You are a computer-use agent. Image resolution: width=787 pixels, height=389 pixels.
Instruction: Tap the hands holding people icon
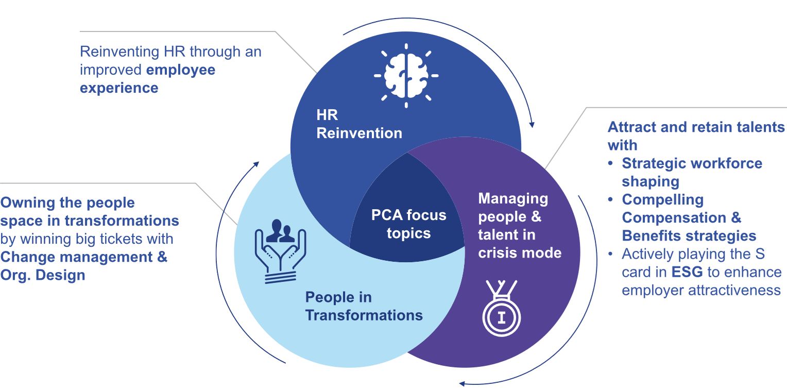(280, 251)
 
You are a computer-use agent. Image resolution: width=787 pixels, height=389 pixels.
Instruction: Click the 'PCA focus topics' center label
(408, 224)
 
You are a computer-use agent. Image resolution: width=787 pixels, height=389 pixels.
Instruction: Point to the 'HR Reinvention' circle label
(359, 124)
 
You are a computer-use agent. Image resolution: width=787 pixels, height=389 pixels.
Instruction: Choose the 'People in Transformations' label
(364, 306)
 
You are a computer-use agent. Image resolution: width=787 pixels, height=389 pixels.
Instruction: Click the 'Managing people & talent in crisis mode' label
(520, 226)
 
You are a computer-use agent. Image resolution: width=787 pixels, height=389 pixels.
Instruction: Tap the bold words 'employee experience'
(147, 78)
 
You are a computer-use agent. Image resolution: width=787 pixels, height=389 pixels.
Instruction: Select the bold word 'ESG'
(688, 272)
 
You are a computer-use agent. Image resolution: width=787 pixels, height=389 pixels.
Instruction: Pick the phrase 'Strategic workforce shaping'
(692, 172)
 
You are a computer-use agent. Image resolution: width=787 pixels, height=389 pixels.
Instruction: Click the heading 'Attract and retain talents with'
(696, 136)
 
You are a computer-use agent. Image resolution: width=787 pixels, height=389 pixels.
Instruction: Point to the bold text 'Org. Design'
(43, 275)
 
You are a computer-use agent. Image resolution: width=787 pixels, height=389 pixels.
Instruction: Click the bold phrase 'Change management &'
(84, 257)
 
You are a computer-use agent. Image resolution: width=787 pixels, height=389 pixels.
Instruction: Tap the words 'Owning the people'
(67, 202)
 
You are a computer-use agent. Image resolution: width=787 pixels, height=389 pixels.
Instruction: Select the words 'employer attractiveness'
(701, 290)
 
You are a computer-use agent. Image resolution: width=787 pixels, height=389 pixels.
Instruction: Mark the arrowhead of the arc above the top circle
(532, 124)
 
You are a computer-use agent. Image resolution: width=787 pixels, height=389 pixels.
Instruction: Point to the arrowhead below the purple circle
(462, 383)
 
